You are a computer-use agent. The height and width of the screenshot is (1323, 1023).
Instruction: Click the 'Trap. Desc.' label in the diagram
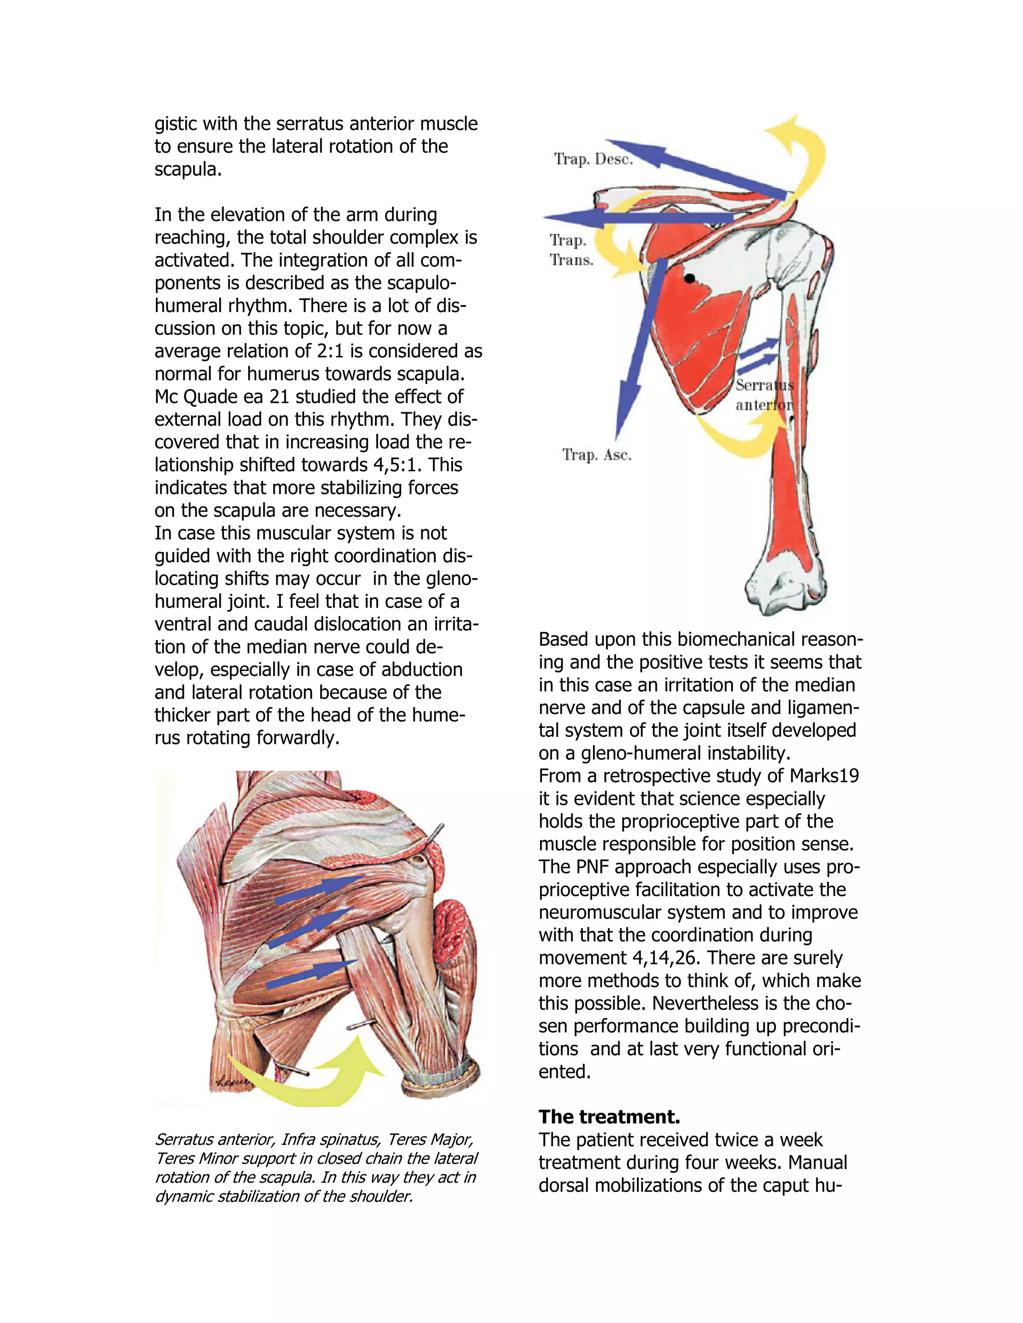click(x=593, y=159)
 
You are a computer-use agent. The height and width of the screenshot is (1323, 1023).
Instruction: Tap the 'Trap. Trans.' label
click(x=570, y=250)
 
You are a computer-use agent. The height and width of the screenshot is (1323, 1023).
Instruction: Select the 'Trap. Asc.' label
click(x=597, y=455)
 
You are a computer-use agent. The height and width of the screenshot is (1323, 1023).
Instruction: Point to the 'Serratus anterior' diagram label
click(x=764, y=395)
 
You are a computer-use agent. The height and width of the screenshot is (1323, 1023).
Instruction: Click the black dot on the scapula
click(x=690, y=279)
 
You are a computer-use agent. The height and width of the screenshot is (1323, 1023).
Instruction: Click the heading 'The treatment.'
click(x=609, y=1116)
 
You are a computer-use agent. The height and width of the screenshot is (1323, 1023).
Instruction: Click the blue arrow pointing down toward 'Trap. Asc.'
click(x=636, y=351)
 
